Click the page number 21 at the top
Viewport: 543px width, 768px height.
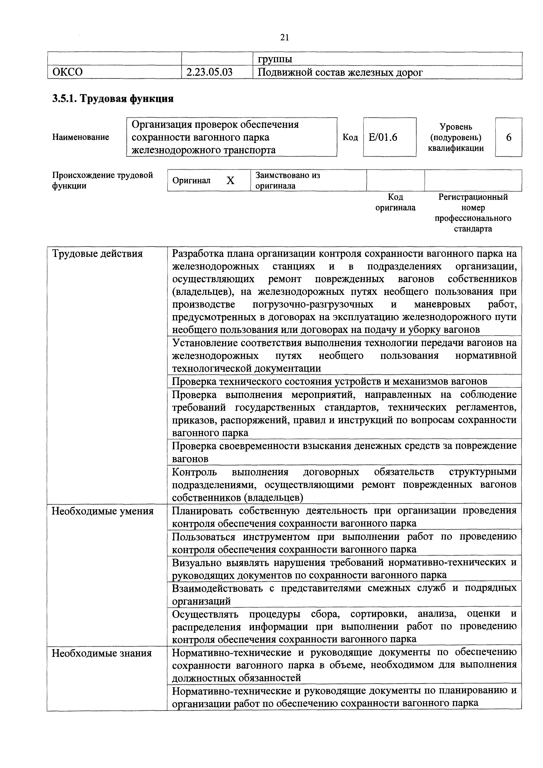(x=284, y=37)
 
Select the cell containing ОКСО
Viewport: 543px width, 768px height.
(x=68, y=72)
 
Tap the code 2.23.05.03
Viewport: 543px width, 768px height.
(x=210, y=72)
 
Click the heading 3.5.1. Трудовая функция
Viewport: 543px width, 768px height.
(x=113, y=99)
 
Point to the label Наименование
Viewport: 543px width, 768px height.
(x=81, y=137)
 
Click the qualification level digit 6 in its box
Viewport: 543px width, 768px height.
(x=509, y=137)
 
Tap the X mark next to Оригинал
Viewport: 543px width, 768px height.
(x=230, y=181)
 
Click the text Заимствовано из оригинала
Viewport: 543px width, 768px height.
(x=288, y=180)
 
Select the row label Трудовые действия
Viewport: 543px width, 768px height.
(x=97, y=254)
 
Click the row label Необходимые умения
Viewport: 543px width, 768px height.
(x=103, y=511)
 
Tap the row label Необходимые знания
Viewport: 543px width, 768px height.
(x=102, y=653)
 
